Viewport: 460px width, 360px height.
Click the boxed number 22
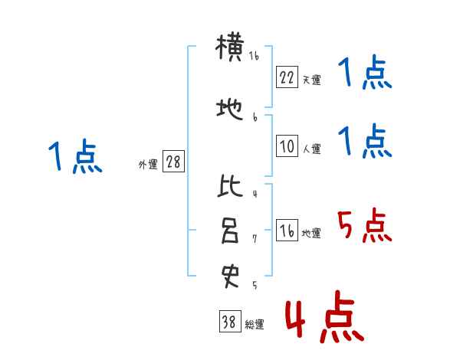pyautogui.click(x=286, y=77)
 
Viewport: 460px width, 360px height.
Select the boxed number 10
pyautogui.click(x=286, y=146)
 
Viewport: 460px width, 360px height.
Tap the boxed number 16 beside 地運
pyautogui.click(x=286, y=231)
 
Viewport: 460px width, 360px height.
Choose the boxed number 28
pyautogui.click(x=173, y=162)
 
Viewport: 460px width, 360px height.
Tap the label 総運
pyautogui.click(x=255, y=325)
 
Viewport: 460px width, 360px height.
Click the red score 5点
pyautogui.click(x=364, y=227)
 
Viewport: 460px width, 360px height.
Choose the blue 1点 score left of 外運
pyautogui.click(x=74, y=157)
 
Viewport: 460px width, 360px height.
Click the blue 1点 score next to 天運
pyautogui.click(x=364, y=75)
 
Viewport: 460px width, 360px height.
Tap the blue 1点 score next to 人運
pyautogui.click(x=364, y=142)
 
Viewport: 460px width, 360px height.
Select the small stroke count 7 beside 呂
pyautogui.click(x=254, y=239)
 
